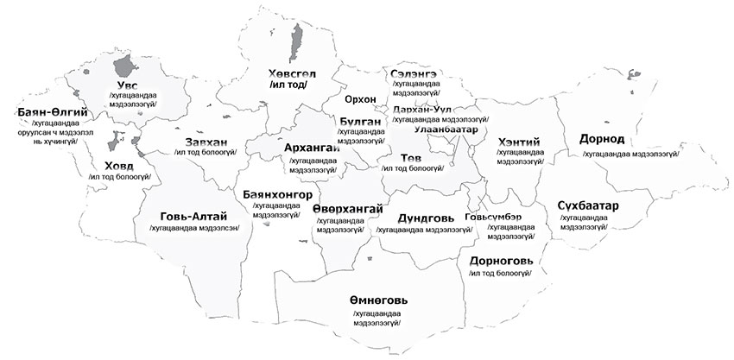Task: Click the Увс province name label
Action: (127, 85)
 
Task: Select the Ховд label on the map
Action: (119, 164)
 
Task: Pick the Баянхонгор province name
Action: (283, 194)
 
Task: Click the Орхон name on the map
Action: (360, 98)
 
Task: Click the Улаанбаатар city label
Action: (446, 129)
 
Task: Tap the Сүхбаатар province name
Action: (593, 205)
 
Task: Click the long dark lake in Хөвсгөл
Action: (296, 38)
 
